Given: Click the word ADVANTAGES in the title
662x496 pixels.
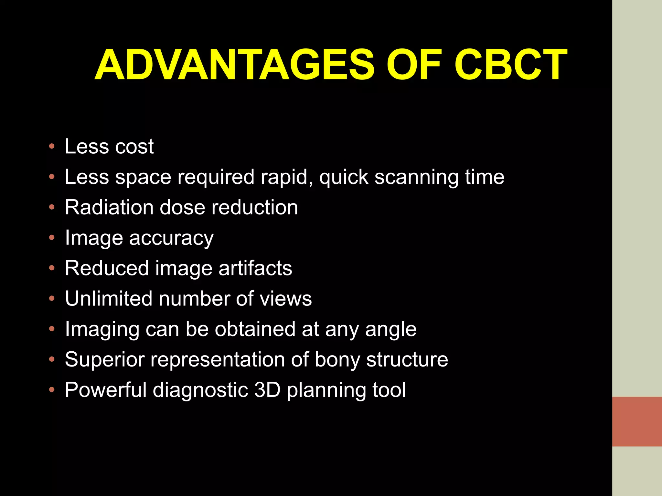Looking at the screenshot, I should point(235,65).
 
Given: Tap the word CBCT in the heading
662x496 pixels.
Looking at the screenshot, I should point(510,65).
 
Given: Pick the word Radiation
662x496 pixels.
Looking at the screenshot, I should point(109,207).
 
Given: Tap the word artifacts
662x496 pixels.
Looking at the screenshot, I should point(255,268).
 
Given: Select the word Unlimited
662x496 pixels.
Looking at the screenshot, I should point(108,298).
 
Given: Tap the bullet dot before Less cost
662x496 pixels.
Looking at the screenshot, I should point(52,147).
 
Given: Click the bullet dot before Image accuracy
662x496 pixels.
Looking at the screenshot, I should point(52,238).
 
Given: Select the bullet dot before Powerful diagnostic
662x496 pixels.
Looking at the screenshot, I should point(52,390).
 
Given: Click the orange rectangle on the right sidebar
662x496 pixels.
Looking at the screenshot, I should point(637,421).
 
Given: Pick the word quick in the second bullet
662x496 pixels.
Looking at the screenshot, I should point(344,177).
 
